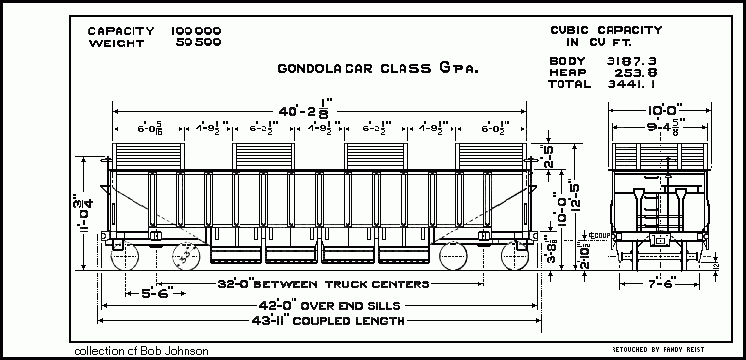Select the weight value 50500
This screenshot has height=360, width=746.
(x=197, y=44)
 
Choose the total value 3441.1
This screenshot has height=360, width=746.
(x=629, y=85)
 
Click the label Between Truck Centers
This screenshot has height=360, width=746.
(x=323, y=285)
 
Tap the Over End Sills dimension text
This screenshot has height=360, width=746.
(x=323, y=303)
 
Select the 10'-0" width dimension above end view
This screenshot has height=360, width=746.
(x=649, y=111)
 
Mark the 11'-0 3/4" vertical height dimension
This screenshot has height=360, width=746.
(x=88, y=212)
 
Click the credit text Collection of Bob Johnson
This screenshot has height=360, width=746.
(x=141, y=350)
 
